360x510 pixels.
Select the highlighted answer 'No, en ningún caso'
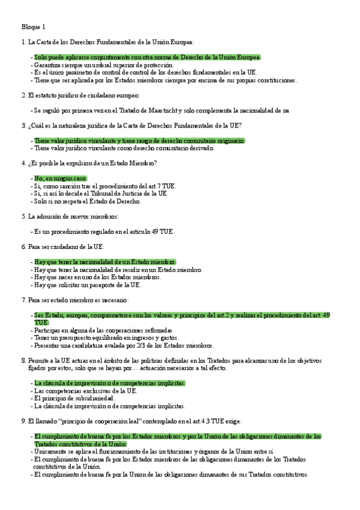[61, 179]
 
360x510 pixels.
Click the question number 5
[23, 216]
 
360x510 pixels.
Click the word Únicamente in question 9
[52, 451]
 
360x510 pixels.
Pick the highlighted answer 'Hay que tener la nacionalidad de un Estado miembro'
[105, 262]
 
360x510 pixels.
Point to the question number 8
[23, 360]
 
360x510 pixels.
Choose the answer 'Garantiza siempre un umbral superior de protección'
[103, 64]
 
